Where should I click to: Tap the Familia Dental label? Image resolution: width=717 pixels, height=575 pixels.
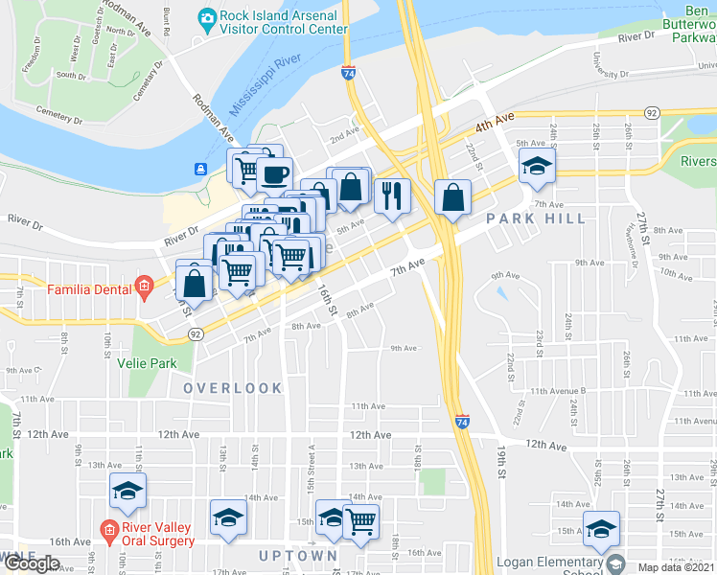88,286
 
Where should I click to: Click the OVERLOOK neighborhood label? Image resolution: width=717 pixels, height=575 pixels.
233,388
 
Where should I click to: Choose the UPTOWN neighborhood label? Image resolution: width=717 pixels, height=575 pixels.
298,555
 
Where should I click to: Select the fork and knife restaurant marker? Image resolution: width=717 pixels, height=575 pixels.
391,195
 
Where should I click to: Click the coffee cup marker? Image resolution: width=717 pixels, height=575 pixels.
275,174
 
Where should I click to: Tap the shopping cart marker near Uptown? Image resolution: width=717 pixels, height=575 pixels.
361,521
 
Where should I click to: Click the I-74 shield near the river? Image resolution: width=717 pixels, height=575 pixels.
348,73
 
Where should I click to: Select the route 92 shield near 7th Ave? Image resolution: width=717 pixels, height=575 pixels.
195,333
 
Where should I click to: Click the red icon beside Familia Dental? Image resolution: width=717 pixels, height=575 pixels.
144,286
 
